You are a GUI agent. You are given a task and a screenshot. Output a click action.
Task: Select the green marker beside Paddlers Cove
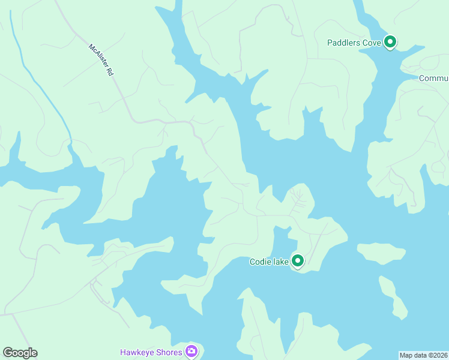pos(390,42)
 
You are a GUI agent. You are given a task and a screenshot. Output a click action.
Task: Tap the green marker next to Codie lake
pos(297,260)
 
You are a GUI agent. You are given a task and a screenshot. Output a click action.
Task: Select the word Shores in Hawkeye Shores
pos(168,352)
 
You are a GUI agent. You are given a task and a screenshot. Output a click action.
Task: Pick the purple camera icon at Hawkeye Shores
pos(191,351)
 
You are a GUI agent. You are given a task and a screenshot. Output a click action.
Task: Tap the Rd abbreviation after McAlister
pos(109,70)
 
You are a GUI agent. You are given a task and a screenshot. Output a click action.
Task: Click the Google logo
pos(20,353)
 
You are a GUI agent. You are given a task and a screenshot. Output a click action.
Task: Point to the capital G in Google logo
pos(7,352)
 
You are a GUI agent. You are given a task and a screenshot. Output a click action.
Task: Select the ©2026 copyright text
pos(438,355)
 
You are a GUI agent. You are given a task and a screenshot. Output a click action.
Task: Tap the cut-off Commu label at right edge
pos(433,79)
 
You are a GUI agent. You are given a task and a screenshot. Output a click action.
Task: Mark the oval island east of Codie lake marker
pos(381,253)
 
